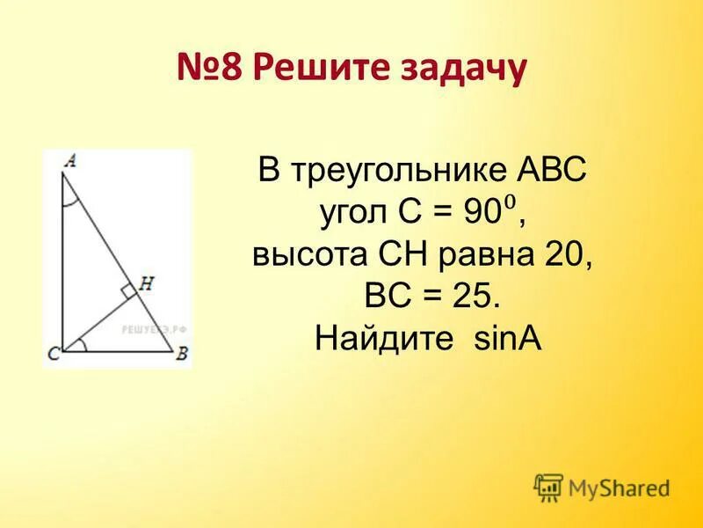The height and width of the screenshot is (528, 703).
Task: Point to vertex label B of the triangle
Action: (183, 355)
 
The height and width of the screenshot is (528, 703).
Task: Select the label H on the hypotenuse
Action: (146, 283)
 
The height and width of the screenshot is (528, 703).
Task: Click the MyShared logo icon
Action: (548, 487)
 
